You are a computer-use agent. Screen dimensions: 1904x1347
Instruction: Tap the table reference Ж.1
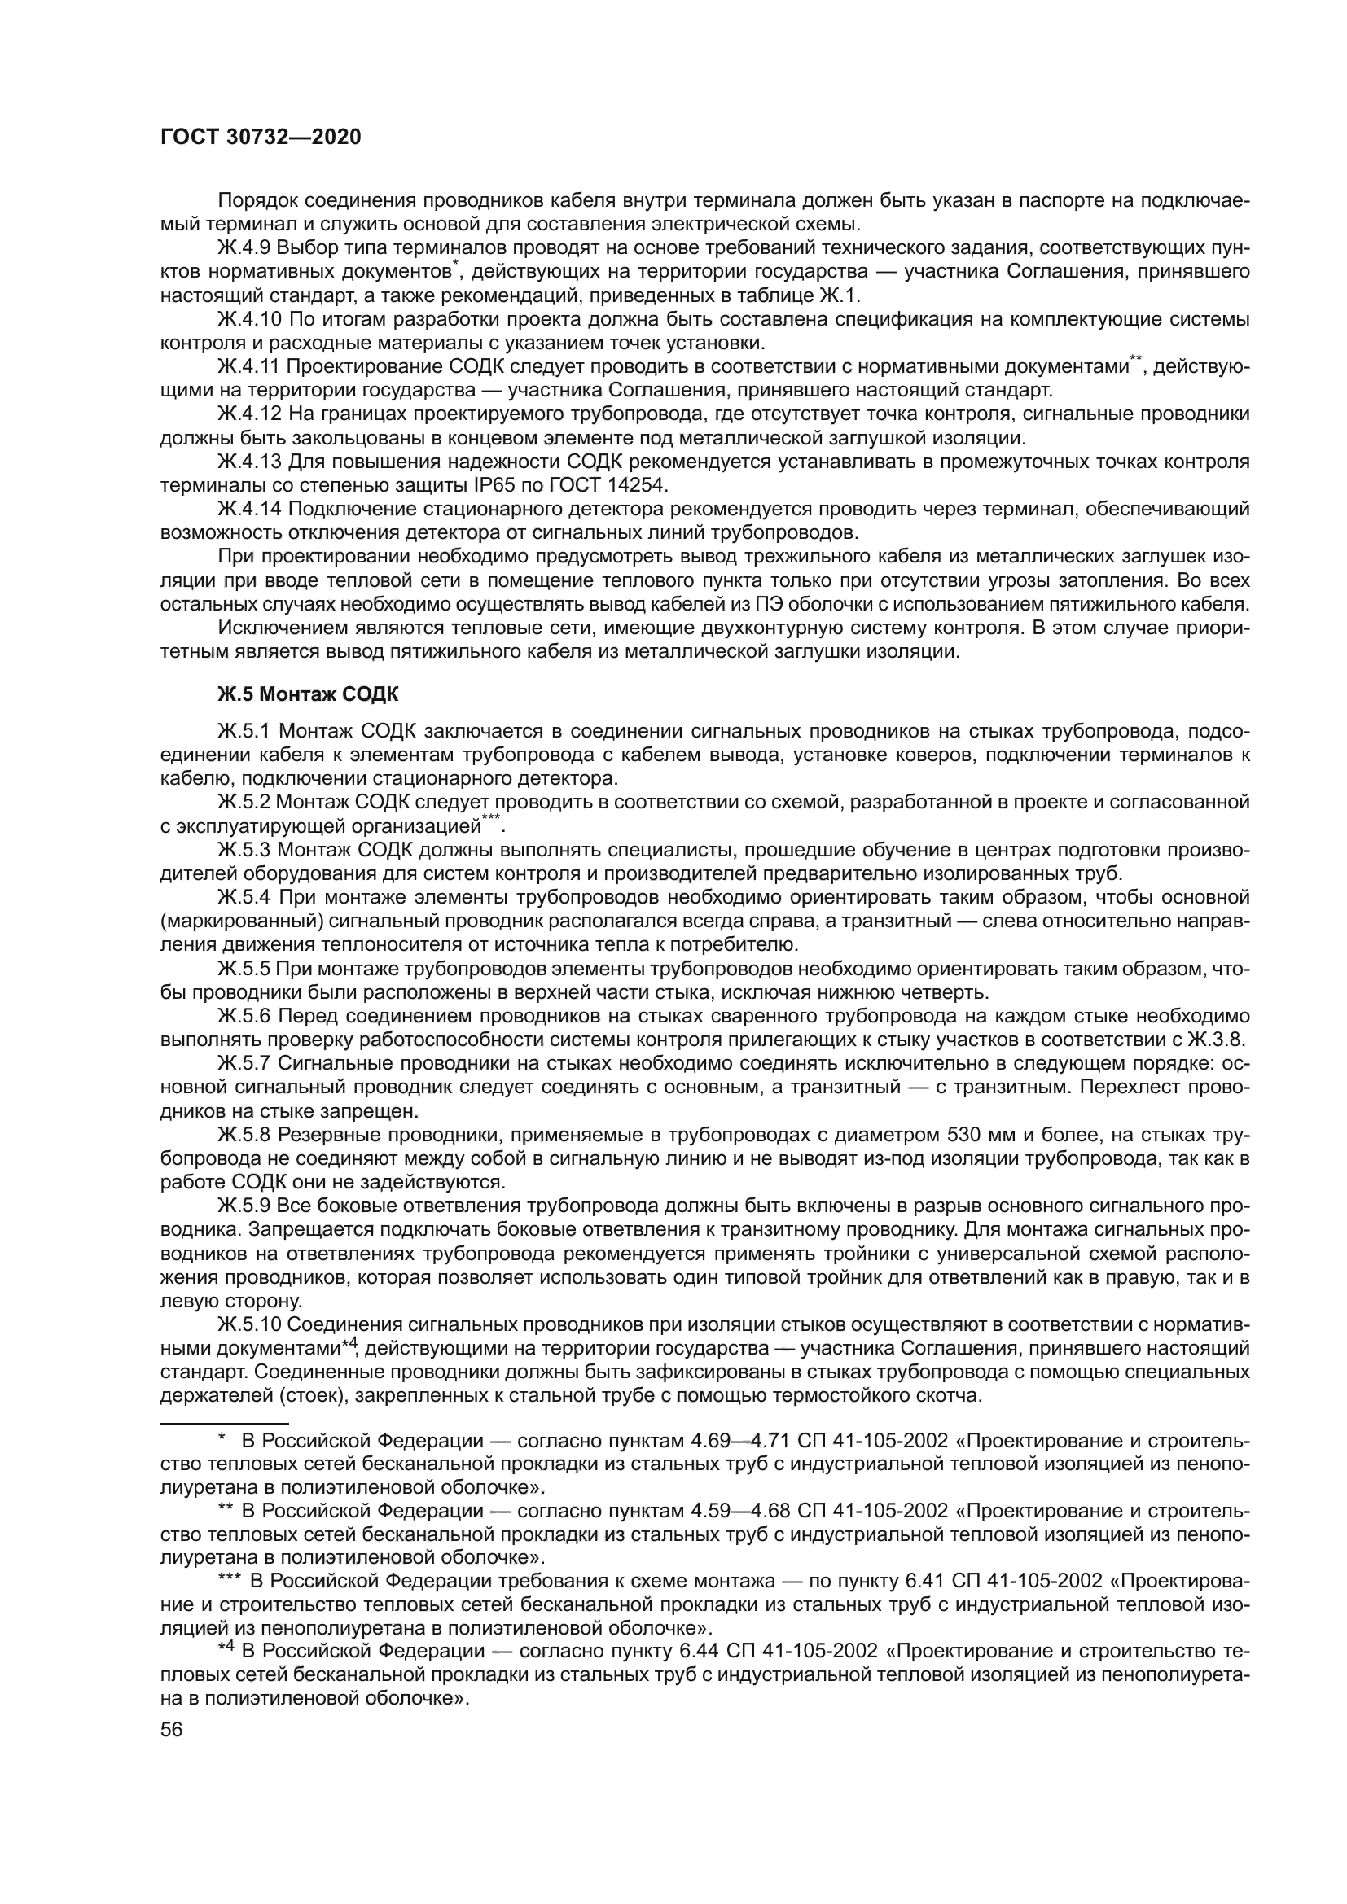[841, 295]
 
